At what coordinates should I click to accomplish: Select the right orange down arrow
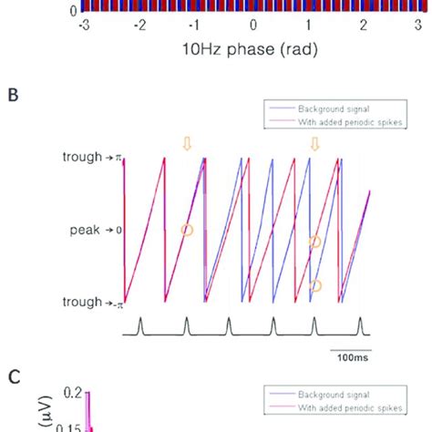tap(315, 144)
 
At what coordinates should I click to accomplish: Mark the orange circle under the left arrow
tap(187, 231)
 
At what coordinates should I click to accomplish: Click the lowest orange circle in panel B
tap(316, 285)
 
